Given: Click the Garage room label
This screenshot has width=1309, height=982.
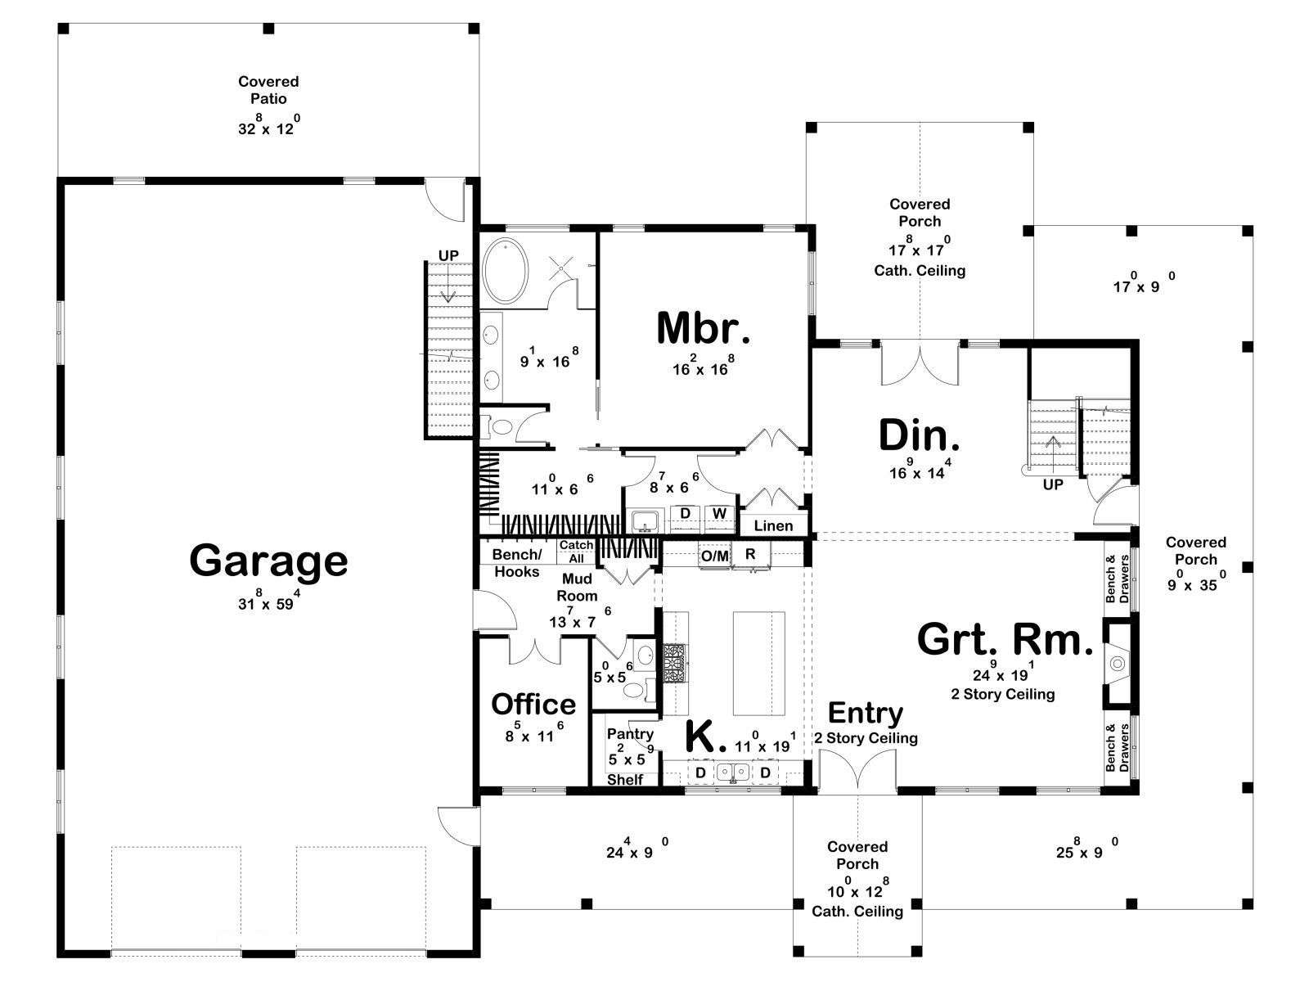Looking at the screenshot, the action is point(268,561).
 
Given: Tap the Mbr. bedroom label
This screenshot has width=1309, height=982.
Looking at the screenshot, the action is point(703,328).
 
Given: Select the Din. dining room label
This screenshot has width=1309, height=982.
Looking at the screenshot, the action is point(919,435).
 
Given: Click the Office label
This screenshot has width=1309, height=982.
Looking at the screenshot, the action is point(533,704).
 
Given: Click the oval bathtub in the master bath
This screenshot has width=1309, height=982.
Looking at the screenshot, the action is point(505,272).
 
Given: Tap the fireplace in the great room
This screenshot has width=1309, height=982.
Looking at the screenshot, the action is point(1118,663).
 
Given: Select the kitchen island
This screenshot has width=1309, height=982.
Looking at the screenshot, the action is point(758,663).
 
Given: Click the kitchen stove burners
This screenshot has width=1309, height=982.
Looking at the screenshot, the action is point(675,663).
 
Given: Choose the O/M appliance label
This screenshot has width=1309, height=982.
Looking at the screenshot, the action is point(714,556).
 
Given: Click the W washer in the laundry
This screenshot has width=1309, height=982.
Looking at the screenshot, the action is point(720,513).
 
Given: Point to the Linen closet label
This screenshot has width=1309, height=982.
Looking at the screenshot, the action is point(773,526).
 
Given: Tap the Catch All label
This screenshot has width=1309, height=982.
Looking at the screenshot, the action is point(576,552).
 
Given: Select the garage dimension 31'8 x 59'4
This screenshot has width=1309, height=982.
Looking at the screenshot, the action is point(269,601).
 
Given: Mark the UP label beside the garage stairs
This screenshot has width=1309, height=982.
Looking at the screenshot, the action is point(448,256).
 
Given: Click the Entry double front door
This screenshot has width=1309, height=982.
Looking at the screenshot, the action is point(857,769).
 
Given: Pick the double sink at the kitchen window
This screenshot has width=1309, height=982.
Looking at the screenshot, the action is point(733,773).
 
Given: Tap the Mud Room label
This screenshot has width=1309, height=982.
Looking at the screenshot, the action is point(577,588).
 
